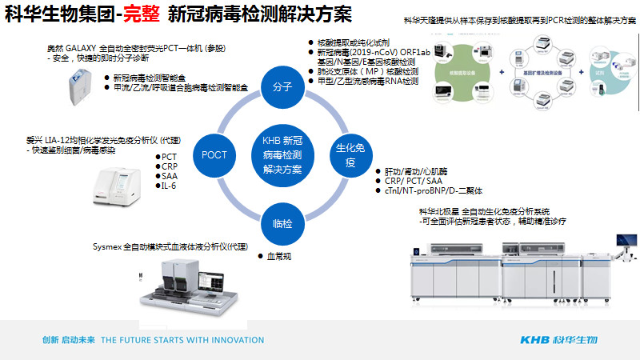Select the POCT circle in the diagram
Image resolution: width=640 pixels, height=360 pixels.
pyautogui.click(x=215, y=154)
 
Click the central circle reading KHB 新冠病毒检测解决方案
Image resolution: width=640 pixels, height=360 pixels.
pyautogui.click(x=282, y=152)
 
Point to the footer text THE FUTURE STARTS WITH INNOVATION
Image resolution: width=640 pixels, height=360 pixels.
pyautogui.click(x=182, y=340)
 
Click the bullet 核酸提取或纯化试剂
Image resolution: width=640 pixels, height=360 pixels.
pyautogui.click(x=352, y=42)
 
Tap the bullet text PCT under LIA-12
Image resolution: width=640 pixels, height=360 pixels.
pyautogui.click(x=169, y=157)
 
